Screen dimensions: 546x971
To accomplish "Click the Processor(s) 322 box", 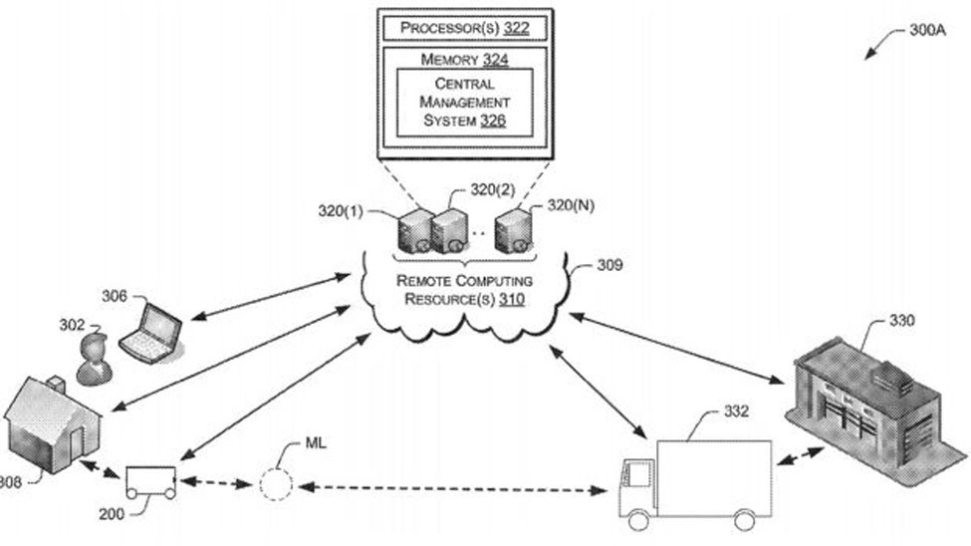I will (x=463, y=28).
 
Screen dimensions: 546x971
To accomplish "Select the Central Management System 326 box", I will (x=464, y=103).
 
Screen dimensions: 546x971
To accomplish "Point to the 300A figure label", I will (x=927, y=30).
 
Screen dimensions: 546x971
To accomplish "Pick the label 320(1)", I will (x=342, y=211).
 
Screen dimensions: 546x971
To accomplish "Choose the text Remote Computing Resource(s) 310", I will (x=464, y=290).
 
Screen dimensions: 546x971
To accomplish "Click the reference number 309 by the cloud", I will (x=609, y=265).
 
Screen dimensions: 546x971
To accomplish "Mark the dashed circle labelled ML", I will (x=276, y=484).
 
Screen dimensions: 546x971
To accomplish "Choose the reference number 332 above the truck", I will (x=737, y=410).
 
